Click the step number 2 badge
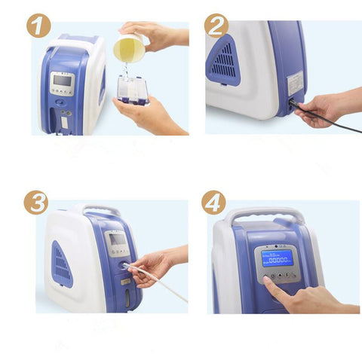tap(216, 26)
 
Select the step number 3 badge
tap(35, 203)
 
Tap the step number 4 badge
tap(213, 203)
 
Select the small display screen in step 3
tap(118, 240)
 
